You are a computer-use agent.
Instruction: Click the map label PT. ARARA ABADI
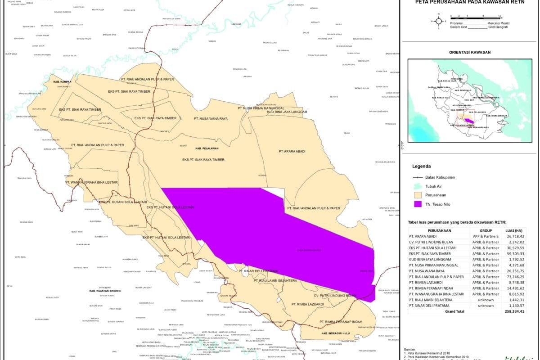coord(292,152)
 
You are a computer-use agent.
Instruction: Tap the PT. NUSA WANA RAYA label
coord(211,119)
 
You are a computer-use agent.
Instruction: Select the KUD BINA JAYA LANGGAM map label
coord(287,112)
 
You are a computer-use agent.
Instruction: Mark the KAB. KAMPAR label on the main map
coord(63,82)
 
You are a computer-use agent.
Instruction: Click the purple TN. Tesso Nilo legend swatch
coord(418,204)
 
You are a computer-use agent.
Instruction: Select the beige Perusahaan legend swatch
coord(418,195)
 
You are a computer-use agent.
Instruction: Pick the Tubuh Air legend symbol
coord(418,186)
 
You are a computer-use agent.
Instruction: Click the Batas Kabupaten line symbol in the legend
coord(418,177)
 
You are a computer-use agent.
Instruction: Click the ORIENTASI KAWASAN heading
coord(470,52)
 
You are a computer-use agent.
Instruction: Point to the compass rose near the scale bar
coord(438,21)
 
